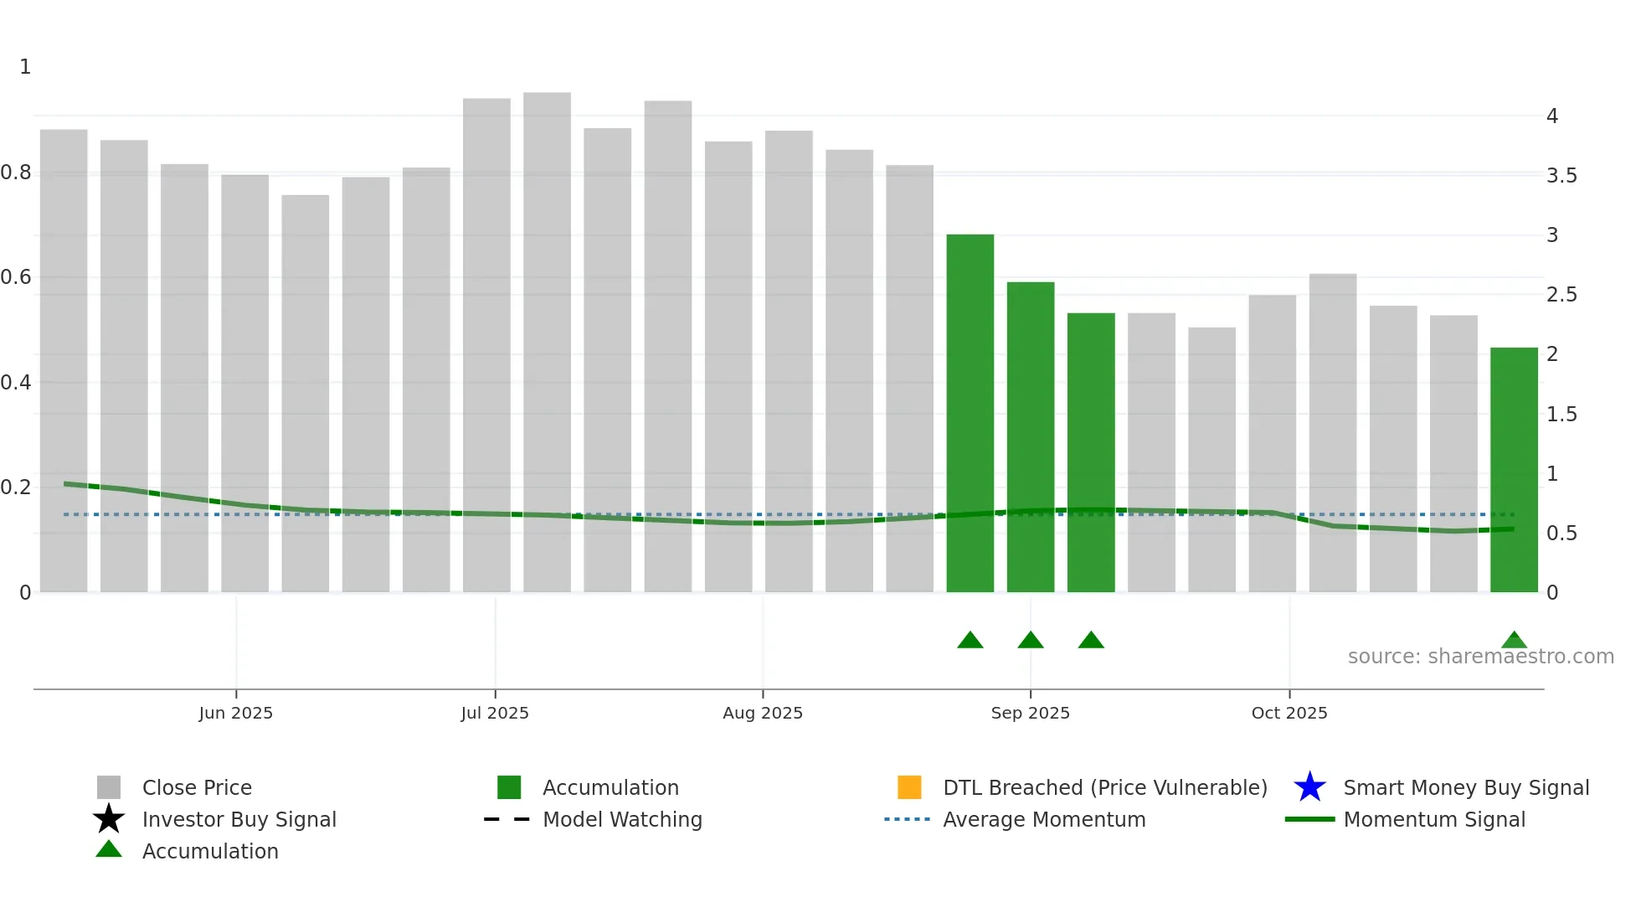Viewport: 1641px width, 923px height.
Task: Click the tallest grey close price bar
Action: (547, 335)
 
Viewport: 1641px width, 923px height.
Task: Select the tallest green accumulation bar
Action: (970, 410)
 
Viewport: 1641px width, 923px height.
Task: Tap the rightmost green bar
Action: (1514, 469)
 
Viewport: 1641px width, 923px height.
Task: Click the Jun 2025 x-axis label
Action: (236, 713)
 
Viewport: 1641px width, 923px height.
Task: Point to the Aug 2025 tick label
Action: (763, 713)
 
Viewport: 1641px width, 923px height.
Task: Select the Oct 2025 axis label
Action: (1289, 713)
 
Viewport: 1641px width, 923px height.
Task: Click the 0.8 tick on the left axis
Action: (15, 173)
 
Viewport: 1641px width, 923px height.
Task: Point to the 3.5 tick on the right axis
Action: (1561, 176)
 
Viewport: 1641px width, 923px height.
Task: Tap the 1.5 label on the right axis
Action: (1561, 415)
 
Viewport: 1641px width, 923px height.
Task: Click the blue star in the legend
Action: (1309, 787)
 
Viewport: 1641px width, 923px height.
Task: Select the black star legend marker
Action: (109, 819)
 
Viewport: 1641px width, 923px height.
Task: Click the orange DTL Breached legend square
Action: (909, 787)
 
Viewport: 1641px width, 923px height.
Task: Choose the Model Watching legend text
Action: (622, 819)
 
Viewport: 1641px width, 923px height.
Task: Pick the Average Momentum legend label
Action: (1044, 819)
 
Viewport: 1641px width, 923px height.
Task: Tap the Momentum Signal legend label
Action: (1434, 819)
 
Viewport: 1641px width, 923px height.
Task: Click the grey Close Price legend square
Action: (109, 787)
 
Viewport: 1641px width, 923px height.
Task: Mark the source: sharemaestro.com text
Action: (1480, 657)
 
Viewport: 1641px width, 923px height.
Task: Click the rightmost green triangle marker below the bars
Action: (1514, 641)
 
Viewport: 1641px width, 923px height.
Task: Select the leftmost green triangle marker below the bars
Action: (970, 641)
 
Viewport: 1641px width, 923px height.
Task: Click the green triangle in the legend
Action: (109, 849)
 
